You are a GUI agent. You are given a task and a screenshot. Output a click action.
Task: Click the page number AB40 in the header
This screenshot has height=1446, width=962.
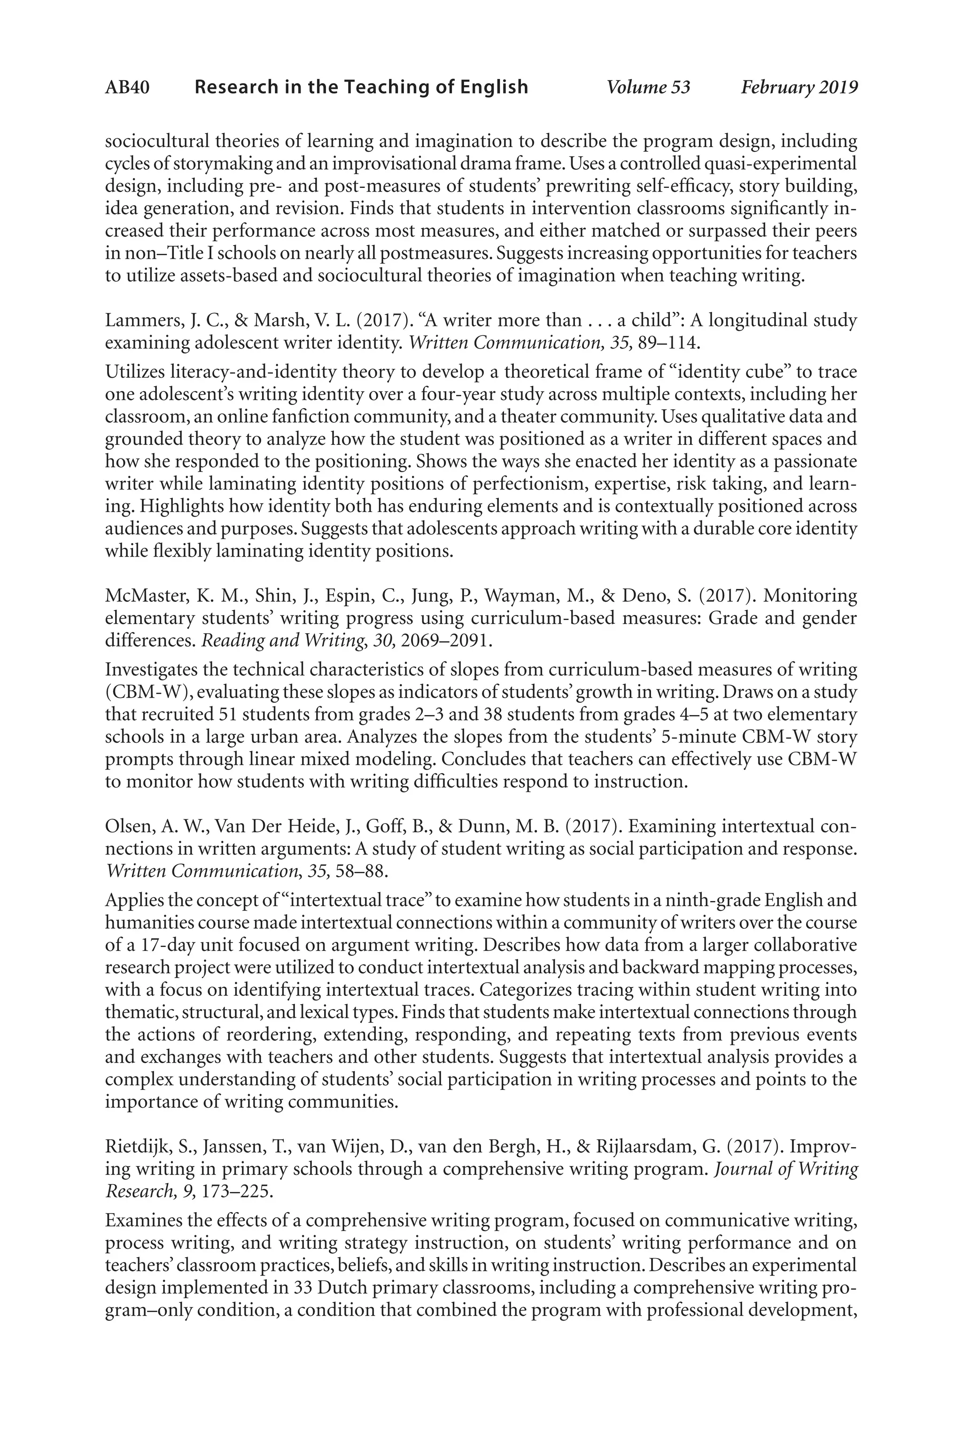pyautogui.click(x=127, y=87)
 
